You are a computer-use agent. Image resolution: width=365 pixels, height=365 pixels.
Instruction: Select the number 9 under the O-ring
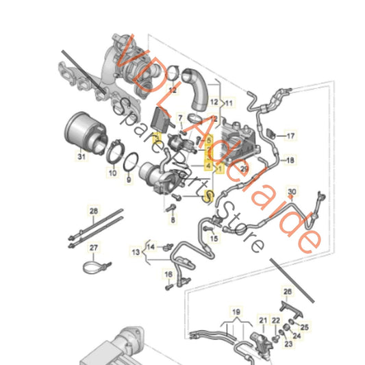coord(128,182)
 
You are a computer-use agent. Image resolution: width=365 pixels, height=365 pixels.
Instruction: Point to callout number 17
coord(290,136)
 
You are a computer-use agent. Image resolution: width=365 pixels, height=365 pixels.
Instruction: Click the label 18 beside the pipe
coord(290,161)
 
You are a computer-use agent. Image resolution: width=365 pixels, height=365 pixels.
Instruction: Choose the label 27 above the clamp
coord(94,247)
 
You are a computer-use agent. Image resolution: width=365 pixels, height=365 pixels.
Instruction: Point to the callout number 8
coord(173,221)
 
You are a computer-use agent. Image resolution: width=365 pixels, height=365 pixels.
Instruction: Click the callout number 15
coord(213,238)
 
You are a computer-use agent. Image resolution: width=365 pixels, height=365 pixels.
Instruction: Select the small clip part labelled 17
coord(270,131)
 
